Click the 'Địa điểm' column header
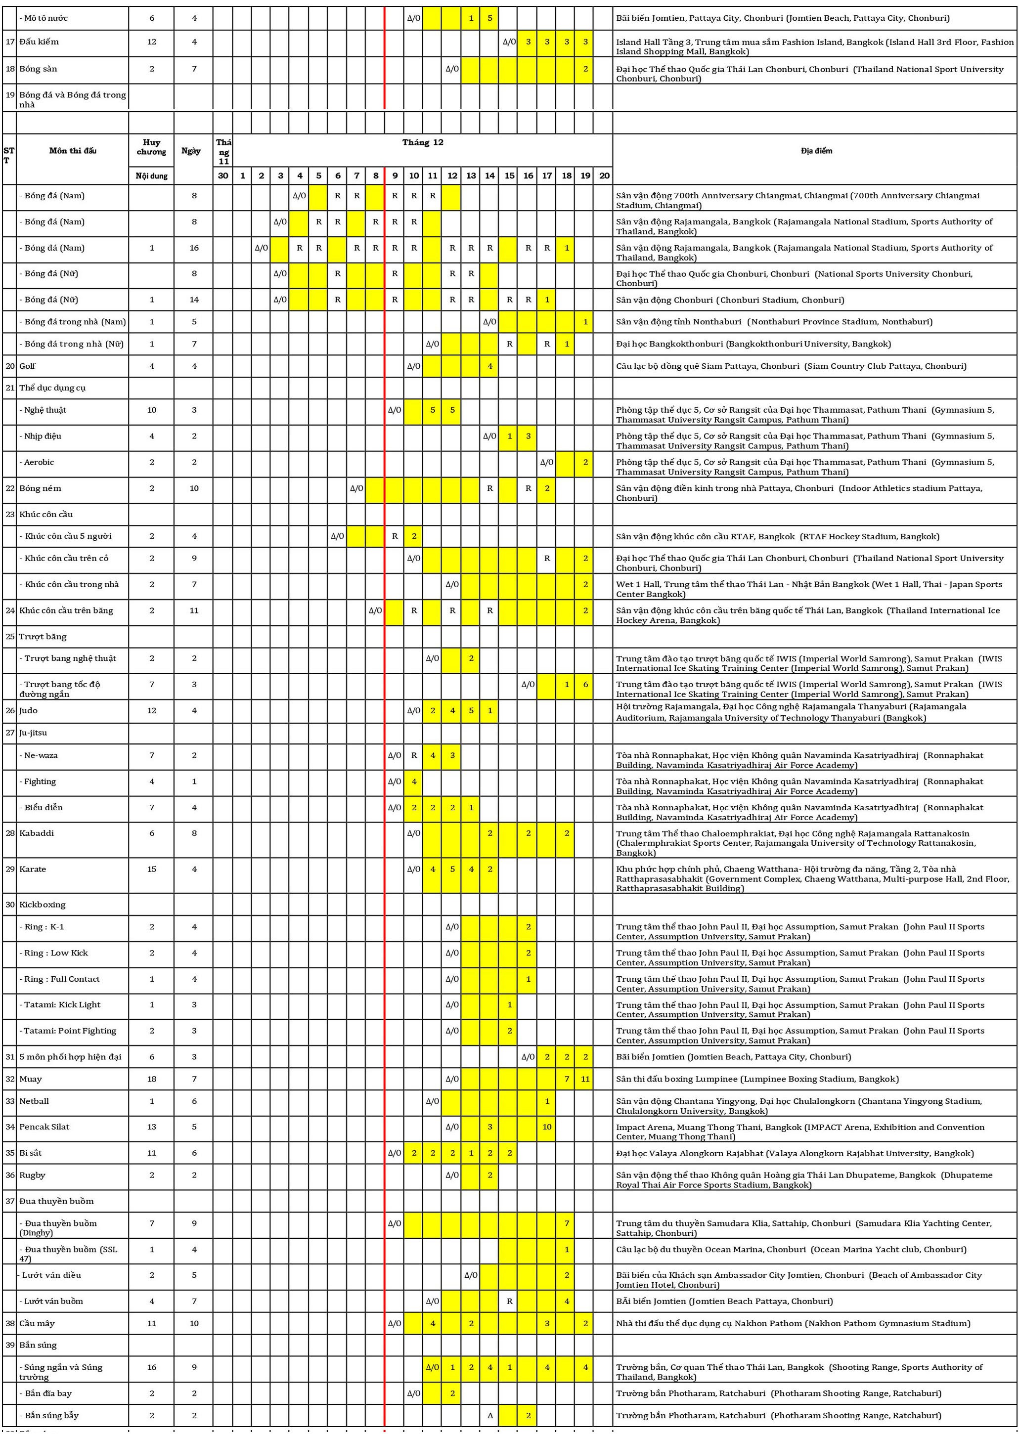coord(816,151)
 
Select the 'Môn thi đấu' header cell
coord(73,151)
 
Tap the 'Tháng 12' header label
coord(422,142)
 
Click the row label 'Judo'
coord(28,710)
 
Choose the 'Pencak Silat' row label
coord(44,1127)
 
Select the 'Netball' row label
coord(34,1101)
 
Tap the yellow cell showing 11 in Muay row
coord(585,1079)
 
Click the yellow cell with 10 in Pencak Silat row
coord(547,1127)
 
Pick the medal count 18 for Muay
coord(151,1079)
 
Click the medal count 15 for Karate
coord(151,869)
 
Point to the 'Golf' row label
coord(28,366)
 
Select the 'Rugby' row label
coord(32,1175)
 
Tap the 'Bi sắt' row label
coord(31,1153)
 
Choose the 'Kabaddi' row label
coord(37,833)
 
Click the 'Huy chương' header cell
coord(151,147)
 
